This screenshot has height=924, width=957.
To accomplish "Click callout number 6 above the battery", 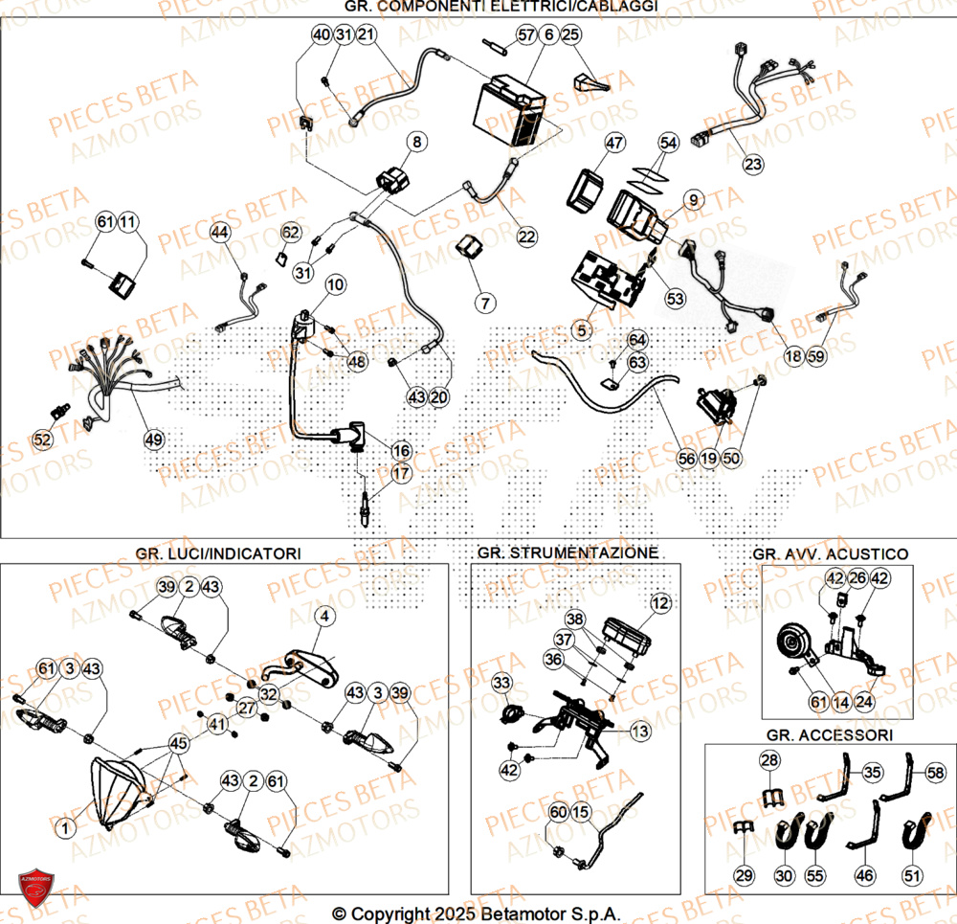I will coord(547,35).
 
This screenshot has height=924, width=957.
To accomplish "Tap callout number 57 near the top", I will coord(525,35).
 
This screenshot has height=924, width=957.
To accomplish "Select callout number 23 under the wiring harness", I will coord(754,165).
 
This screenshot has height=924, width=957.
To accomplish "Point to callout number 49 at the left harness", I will coord(154,439).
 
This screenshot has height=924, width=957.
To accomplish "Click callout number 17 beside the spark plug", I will coord(400,472).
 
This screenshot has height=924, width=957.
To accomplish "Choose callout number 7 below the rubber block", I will coord(485,304).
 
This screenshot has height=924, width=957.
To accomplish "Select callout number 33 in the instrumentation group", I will coord(502,683).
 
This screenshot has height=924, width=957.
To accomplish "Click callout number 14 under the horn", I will coord(839,702).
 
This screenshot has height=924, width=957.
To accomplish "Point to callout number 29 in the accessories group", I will coord(745,874).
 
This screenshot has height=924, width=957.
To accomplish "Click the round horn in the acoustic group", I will coord(793,643).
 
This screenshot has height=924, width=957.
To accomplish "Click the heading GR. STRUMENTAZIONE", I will coord(567,553).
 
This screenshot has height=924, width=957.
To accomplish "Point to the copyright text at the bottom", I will coord(478,913).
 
